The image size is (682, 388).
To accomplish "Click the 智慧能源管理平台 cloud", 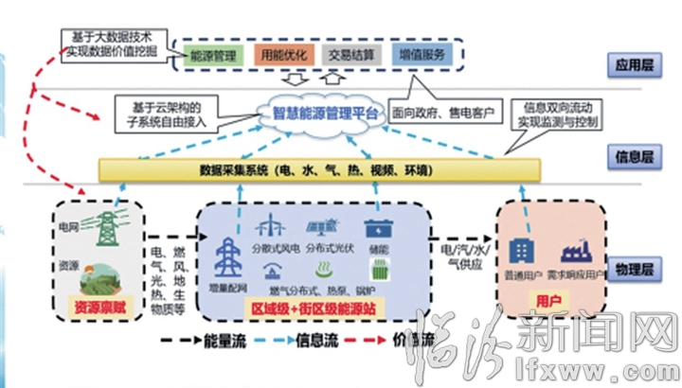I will tap(322, 115).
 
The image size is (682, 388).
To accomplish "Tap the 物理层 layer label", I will tap(632, 270).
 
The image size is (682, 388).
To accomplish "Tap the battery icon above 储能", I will tap(381, 231).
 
